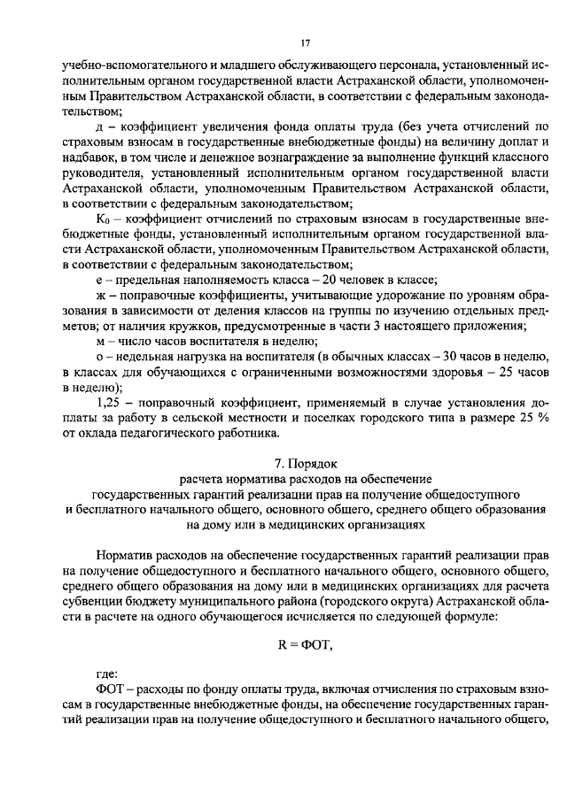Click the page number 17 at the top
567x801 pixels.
(x=304, y=42)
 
